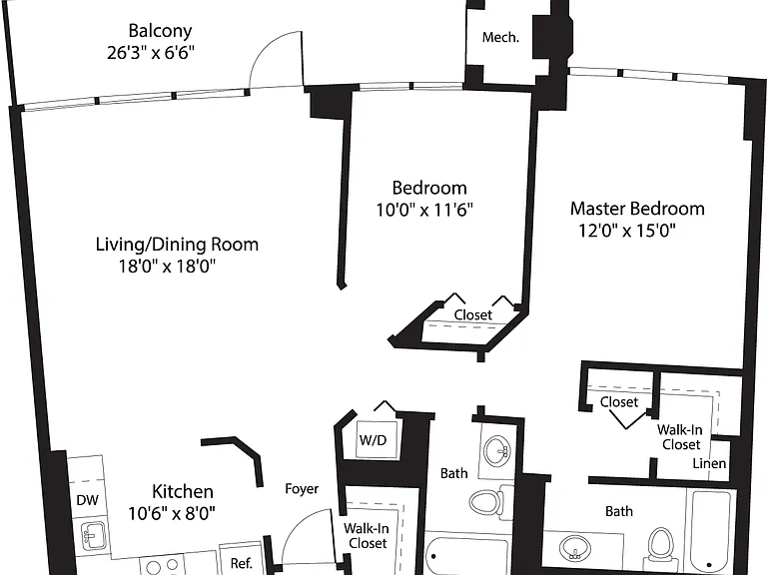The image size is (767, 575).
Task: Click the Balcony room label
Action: (160, 31)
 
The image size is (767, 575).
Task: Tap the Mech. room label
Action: (500, 37)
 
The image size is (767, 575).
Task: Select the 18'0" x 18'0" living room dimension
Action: (168, 267)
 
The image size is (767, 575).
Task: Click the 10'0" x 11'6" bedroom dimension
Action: (424, 210)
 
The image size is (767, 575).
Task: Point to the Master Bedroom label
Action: (637, 209)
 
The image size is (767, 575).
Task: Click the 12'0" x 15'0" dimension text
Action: (627, 230)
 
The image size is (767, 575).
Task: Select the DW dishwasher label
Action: (88, 500)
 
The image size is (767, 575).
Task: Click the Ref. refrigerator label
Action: (241, 563)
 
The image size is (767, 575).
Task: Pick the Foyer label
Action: (302, 489)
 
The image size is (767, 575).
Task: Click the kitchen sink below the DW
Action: (93, 535)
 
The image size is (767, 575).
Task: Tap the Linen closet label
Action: (709, 463)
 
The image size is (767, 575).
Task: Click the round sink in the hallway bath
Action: (497, 451)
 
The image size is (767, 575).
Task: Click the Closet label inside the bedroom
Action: (473, 314)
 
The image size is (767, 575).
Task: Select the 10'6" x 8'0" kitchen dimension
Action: (172, 513)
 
